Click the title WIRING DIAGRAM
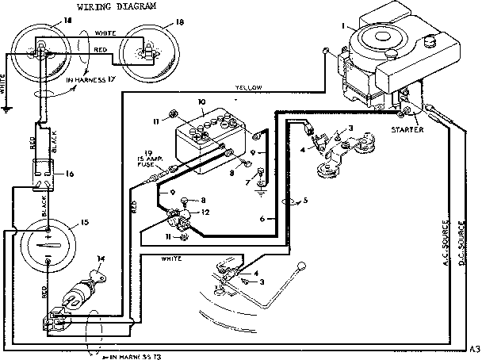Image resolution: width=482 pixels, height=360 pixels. (117, 7)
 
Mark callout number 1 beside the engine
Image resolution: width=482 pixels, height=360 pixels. (343, 25)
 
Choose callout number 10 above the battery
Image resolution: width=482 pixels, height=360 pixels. (202, 102)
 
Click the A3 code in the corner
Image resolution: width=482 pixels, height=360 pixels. (474, 349)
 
